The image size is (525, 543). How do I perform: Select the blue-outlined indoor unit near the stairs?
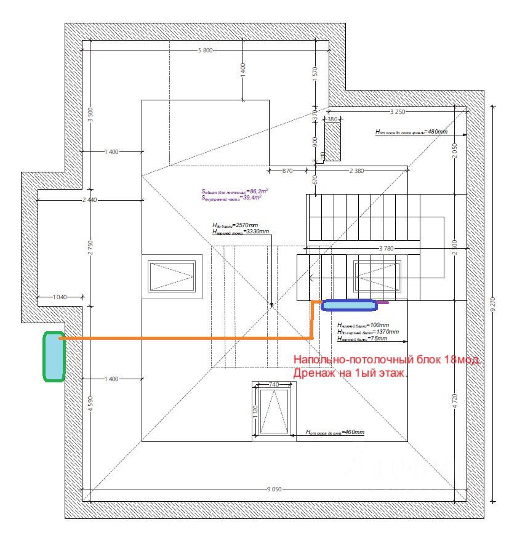click(349, 304)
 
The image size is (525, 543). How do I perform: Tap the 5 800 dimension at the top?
click(205, 50)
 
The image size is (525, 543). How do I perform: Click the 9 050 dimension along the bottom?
click(274, 489)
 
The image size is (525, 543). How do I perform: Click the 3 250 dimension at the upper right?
click(398, 111)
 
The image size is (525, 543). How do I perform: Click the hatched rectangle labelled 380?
click(332, 142)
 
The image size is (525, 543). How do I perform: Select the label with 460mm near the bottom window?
click(335, 433)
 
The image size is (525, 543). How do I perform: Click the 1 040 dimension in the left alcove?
click(60, 297)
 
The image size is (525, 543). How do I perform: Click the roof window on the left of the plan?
click(172, 276)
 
